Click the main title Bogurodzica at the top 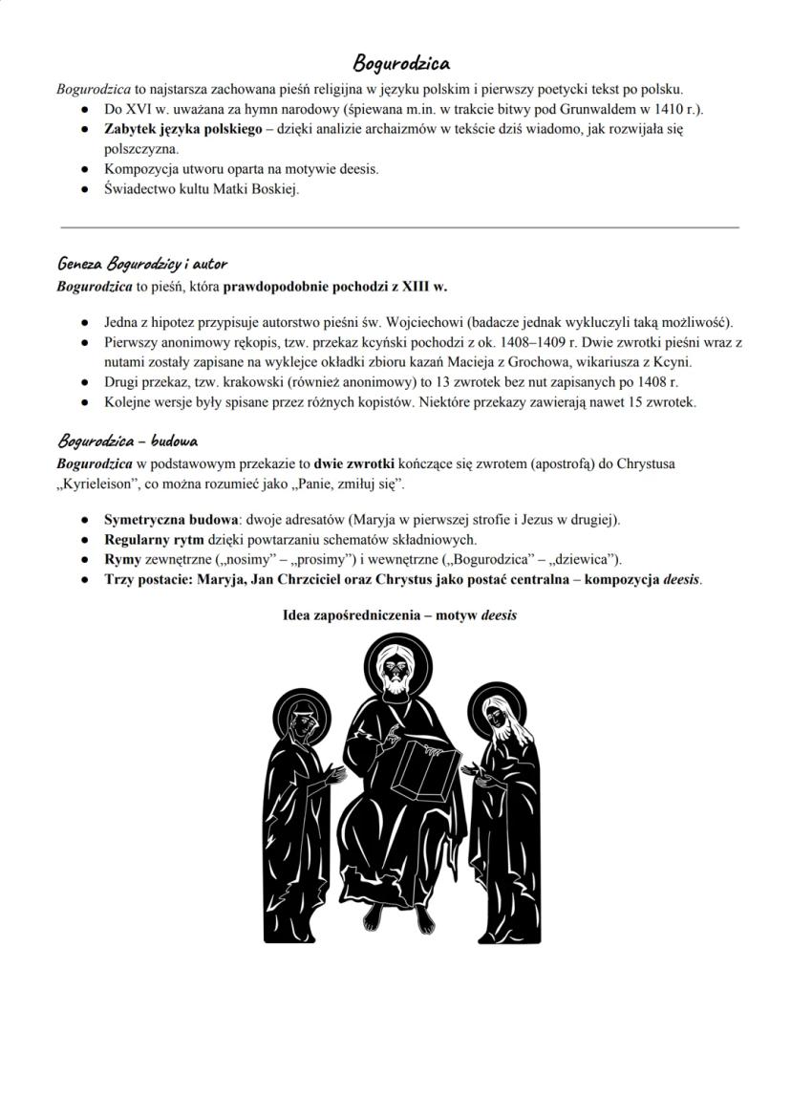pos(401,64)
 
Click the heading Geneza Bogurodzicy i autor pos(141,263)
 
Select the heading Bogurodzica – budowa pos(127,441)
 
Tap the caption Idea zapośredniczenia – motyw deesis pos(399,615)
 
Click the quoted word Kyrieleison pos(98,484)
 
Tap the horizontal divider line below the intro pos(399,227)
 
